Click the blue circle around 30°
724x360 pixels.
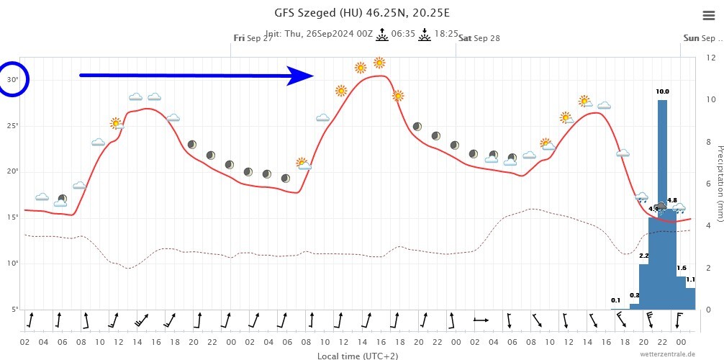14,80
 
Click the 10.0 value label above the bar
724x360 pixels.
662,91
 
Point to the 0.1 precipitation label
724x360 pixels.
615,300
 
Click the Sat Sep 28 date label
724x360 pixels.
479,38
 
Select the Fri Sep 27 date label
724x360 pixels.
253,38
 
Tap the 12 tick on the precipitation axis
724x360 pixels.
710,57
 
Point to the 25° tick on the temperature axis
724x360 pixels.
13,126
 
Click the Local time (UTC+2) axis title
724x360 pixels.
357,355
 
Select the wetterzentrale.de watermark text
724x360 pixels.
666,354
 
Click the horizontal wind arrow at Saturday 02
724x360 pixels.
481,319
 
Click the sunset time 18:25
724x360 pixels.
447,33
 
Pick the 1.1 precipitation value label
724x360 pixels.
690,279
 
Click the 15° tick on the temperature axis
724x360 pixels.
13,217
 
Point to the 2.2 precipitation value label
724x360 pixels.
643,256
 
